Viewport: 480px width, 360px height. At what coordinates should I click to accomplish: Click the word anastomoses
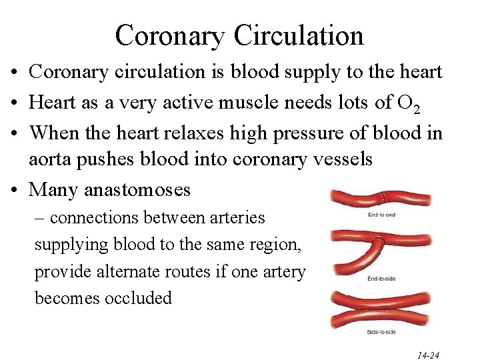tap(137, 190)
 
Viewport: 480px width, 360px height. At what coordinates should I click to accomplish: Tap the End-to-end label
tap(382, 215)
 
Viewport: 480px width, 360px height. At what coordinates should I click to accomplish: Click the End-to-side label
tap(382, 279)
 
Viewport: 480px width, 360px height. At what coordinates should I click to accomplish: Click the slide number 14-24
tap(429, 355)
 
